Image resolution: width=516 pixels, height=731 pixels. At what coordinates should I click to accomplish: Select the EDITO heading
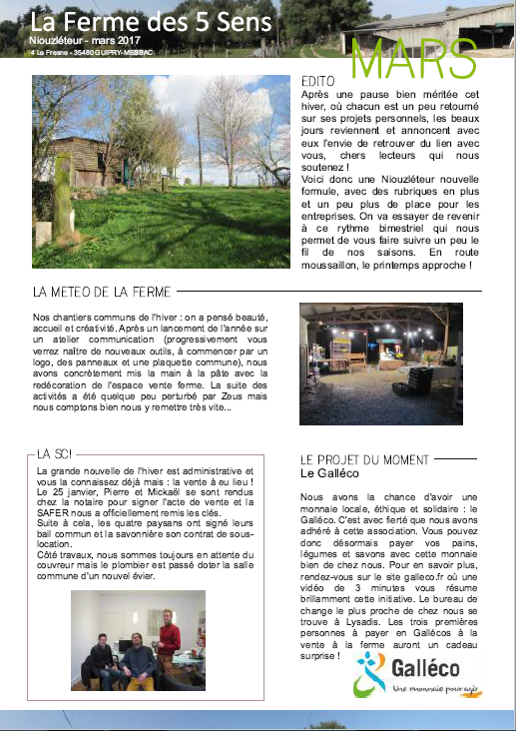(x=317, y=80)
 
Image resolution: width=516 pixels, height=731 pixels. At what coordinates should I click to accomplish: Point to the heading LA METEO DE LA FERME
(x=102, y=293)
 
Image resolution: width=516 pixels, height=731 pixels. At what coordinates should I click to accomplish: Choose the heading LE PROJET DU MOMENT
(x=363, y=459)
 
